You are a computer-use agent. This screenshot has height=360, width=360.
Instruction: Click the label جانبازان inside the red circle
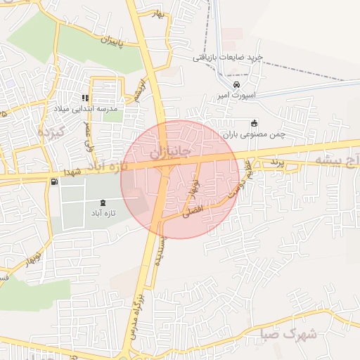(171, 152)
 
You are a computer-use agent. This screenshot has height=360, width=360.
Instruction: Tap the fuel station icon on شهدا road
(55, 182)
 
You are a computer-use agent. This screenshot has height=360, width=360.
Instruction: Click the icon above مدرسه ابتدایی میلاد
(84, 98)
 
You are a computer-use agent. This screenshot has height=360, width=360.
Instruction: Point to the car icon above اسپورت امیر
(236, 84)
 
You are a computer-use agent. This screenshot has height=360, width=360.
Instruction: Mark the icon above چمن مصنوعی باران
(254, 123)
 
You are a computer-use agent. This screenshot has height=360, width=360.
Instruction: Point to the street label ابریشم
(141, 91)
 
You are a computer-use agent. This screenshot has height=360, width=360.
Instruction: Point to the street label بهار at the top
(157, 15)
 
